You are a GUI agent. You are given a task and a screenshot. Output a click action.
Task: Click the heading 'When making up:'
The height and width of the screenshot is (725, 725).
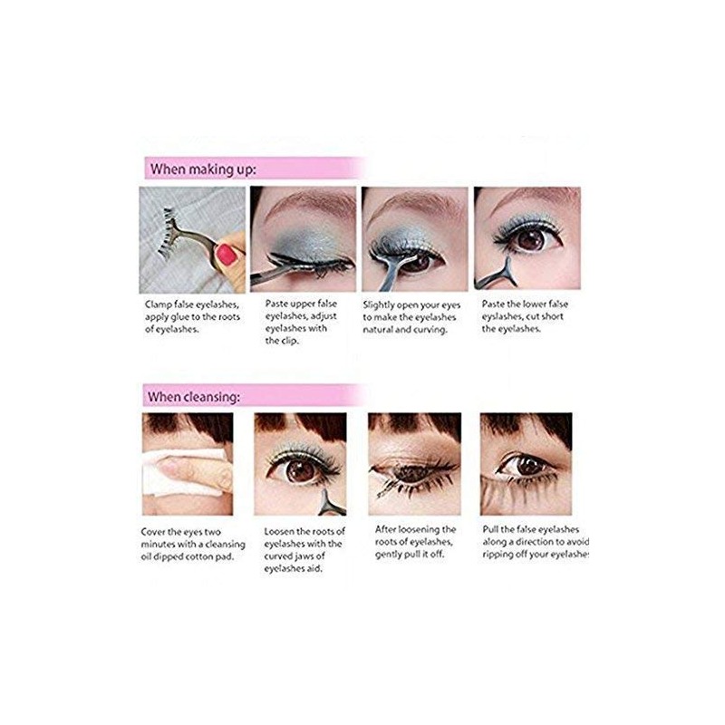(203, 169)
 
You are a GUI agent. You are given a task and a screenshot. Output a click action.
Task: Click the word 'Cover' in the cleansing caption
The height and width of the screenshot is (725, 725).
(157, 531)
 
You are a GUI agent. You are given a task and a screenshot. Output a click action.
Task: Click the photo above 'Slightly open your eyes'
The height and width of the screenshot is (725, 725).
(415, 238)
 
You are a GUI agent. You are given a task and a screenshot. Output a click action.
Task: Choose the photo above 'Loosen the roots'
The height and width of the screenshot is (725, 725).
(300, 465)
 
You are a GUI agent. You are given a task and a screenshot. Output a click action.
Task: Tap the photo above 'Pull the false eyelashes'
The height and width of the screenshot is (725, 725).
(527, 465)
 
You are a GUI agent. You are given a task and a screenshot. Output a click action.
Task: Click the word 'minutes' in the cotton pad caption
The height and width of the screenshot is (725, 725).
(161, 543)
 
